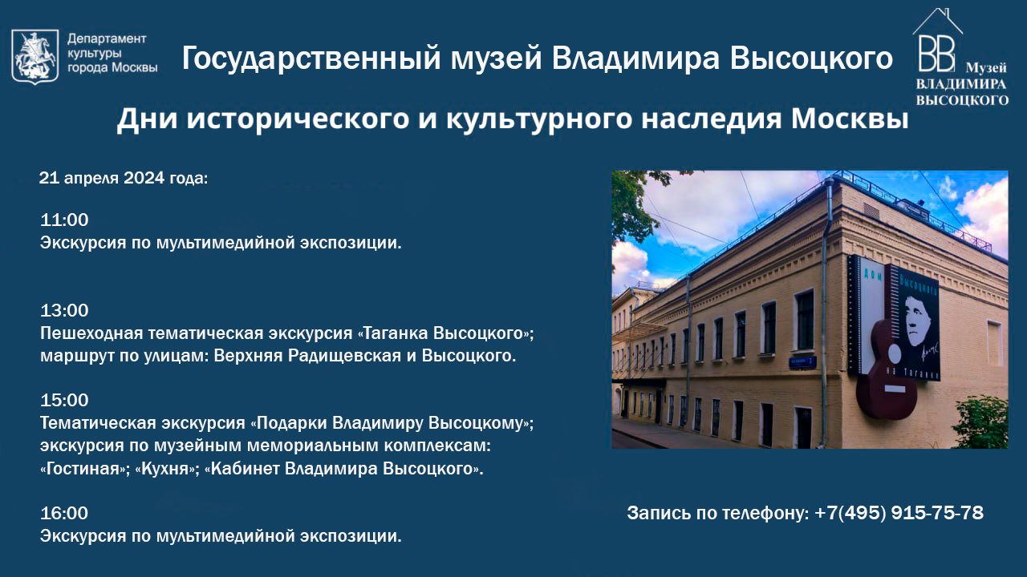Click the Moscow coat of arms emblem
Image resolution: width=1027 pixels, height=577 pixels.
tap(35, 56)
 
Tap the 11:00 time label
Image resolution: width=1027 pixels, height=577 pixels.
tap(64, 220)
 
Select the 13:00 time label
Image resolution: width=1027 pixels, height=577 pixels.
tap(64, 310)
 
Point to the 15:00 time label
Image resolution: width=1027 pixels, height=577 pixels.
tap(64, 400)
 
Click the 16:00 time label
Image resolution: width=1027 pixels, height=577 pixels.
tap(64, 513)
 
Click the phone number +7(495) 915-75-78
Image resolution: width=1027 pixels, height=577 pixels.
tap(899, 513)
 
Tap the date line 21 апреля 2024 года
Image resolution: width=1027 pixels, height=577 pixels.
tap(124, 178)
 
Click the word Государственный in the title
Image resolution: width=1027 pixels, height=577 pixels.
tap(311, 59)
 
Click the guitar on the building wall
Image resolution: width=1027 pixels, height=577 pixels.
tap(887, 371)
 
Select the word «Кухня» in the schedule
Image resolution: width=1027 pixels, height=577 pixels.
tap(165, 469)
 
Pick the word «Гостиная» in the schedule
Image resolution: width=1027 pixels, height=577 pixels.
tap(83, 469)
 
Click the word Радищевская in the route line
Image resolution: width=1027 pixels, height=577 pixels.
tap(344, 356)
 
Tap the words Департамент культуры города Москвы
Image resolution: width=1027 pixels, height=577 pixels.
tap(112, 53)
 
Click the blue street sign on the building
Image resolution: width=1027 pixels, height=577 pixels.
tap(802, 363)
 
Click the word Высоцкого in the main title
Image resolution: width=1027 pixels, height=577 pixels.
tap(811, 59)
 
